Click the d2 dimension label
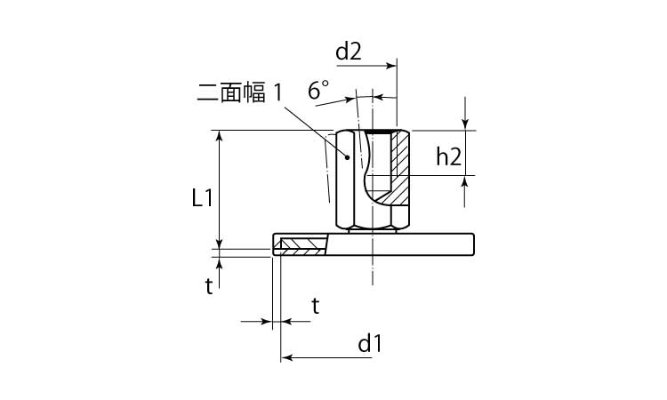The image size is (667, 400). click(349, 52)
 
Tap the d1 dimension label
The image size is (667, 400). click(370, 344)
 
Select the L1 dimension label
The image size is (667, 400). click(202, 198)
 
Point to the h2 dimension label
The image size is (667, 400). click(449, 156)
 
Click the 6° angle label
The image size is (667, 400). click(318, 90)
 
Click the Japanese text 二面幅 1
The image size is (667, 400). click(239, 92)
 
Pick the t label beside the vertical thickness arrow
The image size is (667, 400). click(209, 287)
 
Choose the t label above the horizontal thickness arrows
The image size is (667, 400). click(315, 306)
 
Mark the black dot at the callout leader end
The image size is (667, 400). click(347, 157)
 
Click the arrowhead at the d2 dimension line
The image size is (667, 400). click(391, 66)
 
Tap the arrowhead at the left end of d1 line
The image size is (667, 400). click(287, 358)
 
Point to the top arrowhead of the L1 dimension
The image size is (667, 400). click(219, 136)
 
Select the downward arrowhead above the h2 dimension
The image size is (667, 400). click(465, 124)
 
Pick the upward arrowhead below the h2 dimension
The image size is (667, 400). click(465, 182)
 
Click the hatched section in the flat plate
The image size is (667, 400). click(303, 246)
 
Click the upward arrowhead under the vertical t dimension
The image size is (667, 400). click(220, 263)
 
